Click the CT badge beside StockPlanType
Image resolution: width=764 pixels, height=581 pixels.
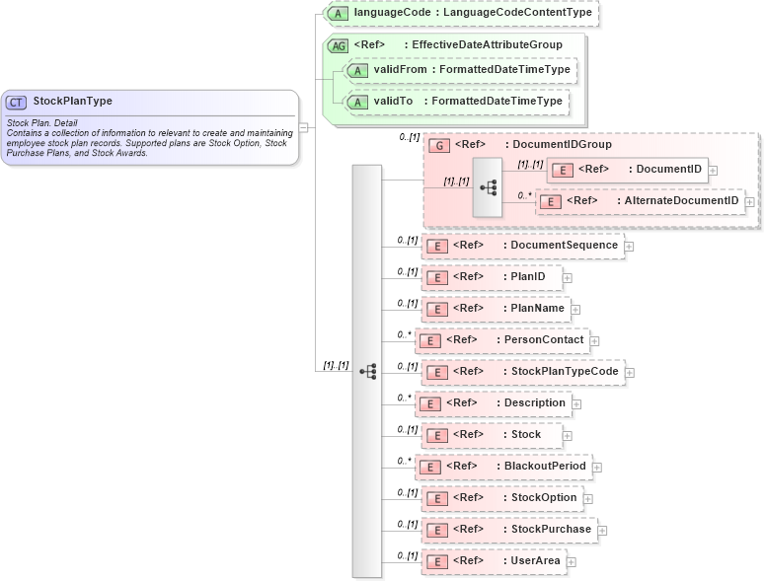click(x=17, y=101)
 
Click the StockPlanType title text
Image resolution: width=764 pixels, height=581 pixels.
click(x=73, y=101)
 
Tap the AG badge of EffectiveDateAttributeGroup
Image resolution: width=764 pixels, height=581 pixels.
click(x=339, y=45)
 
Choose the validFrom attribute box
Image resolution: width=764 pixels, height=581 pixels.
click(x=460, y=70)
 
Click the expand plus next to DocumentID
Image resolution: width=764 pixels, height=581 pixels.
click(x=713, y=170)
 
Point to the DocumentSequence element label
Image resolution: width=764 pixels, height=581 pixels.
click(x=564, y=246)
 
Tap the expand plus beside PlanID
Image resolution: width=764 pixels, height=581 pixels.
click(x=568, y=277)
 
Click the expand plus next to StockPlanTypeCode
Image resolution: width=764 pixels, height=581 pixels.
click(x=630, y=372)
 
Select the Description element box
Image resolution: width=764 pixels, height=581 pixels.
click(x=493, y=403)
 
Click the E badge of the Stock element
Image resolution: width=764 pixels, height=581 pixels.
click(x=436, y=435)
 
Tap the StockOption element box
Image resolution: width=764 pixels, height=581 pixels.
click(x=501, y=498)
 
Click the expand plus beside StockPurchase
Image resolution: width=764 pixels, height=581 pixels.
click(x=602, y=530)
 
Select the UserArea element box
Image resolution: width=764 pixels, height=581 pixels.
click(x=493, y=561)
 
